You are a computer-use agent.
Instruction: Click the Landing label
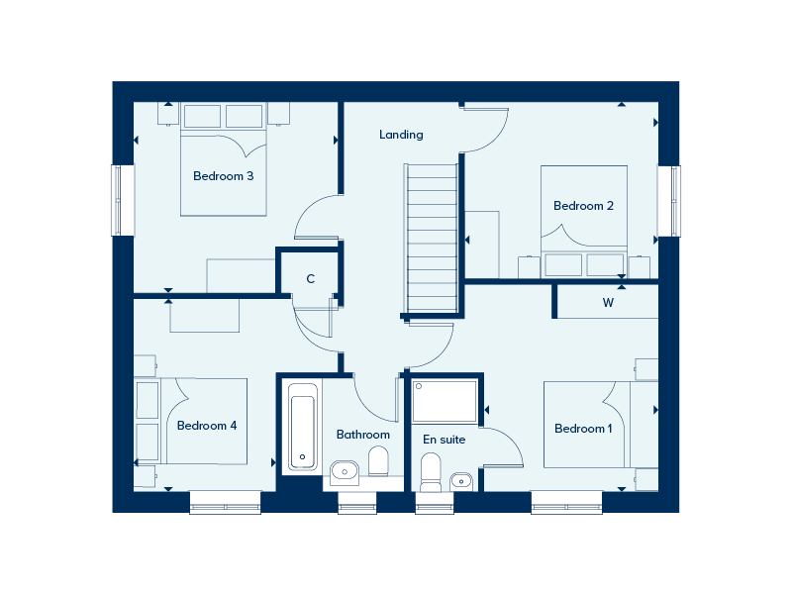[x=401, y=135]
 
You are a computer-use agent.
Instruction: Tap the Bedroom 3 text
[x=224, y=176]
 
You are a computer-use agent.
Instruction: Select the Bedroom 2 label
[x=583, y=206]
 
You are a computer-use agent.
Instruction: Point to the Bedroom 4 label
[x=207, y=426]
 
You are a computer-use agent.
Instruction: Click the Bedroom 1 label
[x=583, y=429]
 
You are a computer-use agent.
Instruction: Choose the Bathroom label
[x=363, y=435]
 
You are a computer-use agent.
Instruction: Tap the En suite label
[x=444, y=440]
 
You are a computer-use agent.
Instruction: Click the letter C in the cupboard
[x=311, y=279]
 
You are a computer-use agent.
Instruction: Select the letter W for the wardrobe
[x=608, y=303]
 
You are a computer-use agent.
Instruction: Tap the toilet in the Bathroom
[x=378, y=461]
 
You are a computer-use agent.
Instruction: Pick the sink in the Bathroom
[x=345, y=473]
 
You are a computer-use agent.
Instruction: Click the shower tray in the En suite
[x=445, y=402]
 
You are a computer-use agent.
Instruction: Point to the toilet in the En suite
[x=431, y=472]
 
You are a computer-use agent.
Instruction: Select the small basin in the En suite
[x=460, y=481]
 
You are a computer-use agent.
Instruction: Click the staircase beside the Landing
[x=432, y=239]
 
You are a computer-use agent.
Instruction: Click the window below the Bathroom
[x=357, y=503]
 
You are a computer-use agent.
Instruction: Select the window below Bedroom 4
[x=226, y=503]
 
